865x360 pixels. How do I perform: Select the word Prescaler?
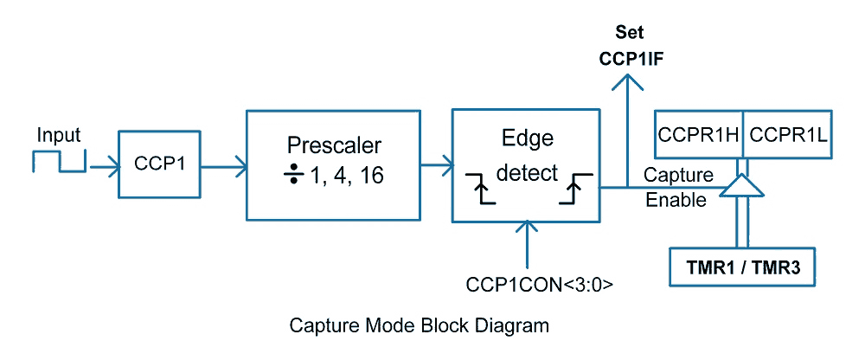(x=333, y=145)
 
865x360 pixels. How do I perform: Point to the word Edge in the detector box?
(x=527, y=138)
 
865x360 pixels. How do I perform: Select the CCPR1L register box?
(x=788, y=135)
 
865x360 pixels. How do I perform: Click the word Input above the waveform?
(x=59, y=135)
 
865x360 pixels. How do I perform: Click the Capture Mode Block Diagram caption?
(x=419, y=326)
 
